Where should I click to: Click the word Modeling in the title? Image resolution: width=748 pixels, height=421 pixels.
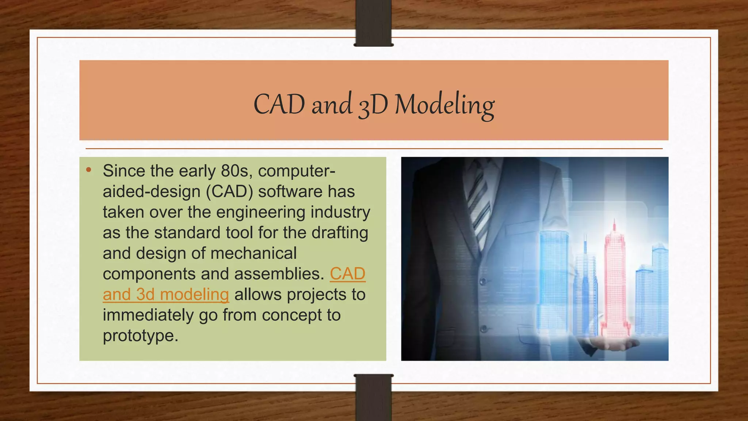click(444, 105)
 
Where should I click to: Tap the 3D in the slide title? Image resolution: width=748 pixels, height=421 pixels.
click(373, 105)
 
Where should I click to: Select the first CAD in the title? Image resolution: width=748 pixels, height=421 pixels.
click(279, 105)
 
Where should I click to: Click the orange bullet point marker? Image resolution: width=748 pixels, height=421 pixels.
click(89, 170)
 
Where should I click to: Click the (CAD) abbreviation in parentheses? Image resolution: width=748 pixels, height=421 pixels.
click(229, 191)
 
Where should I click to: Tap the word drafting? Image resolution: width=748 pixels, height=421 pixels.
click(340, 233)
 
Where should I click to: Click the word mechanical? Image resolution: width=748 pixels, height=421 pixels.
click(253, 253)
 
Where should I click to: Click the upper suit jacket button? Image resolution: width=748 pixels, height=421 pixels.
click(483, 281)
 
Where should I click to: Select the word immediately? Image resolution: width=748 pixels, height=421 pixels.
click(148, 315)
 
